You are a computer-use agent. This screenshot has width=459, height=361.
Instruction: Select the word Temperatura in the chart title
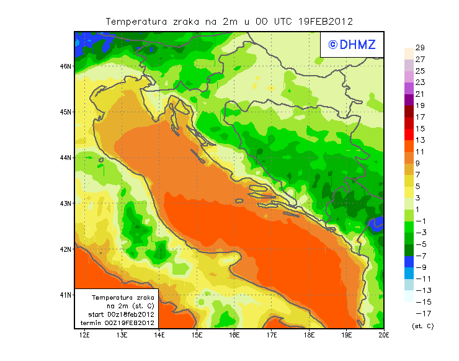coord(136,21)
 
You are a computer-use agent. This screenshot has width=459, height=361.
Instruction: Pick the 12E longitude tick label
coord(85,336)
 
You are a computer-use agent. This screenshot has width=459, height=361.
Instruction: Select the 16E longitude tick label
coord(234,336)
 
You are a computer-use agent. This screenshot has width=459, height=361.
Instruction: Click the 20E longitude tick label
coord(384,336)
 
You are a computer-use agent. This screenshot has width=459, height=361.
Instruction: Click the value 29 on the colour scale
coord(419,48)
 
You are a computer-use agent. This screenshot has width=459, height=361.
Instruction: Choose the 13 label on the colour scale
coord(419,140)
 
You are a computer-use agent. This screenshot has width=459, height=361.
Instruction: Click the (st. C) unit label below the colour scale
coord(422,326)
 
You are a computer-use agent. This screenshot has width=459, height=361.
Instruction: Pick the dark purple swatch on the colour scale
coord(408,99)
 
